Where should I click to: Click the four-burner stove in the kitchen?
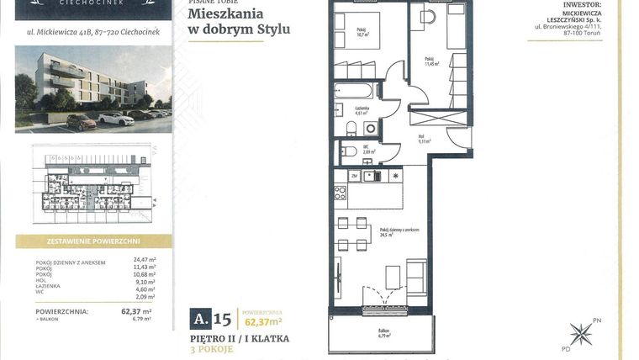pos(340,193)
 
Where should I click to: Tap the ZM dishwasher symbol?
pos(355,176)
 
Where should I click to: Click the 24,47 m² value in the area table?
pos(145,260)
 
